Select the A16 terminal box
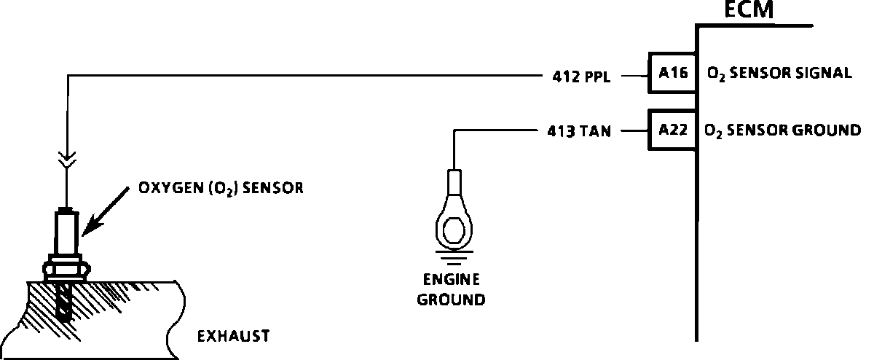(672, 73)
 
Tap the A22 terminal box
(672, 130)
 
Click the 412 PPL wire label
(580, 75)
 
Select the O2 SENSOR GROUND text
(782, 131)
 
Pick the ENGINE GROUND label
(452, 289)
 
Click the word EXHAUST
(233, 336)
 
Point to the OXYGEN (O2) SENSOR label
(220, 188)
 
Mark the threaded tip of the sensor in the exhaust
(66, 305)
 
